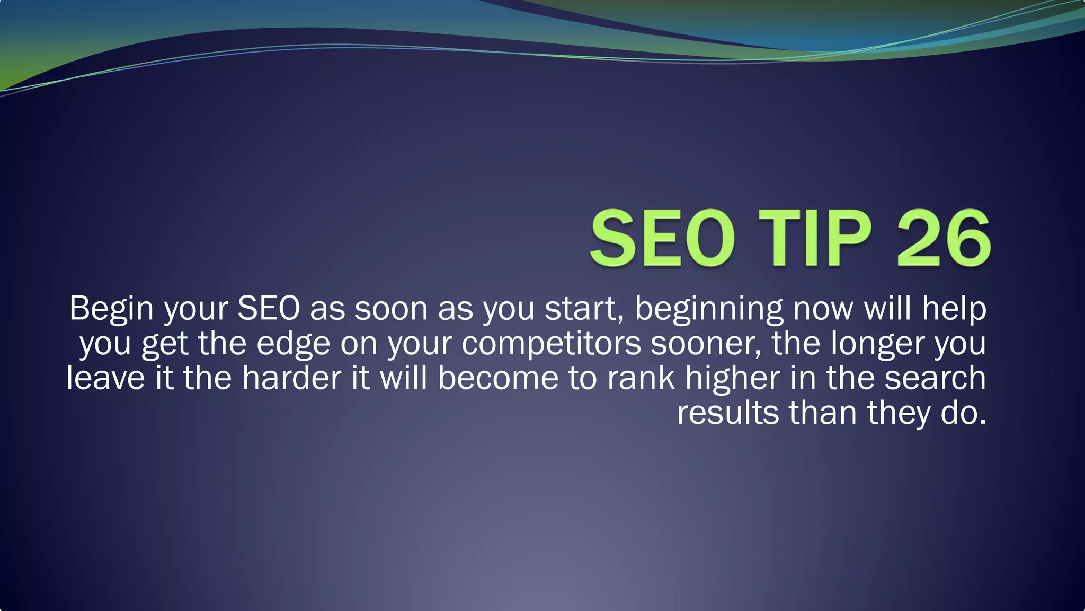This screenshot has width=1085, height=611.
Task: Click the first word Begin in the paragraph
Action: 111,309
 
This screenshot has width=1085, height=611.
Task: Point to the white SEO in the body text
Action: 269,309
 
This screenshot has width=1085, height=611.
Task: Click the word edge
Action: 294,344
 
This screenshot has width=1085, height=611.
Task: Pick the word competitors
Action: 551,344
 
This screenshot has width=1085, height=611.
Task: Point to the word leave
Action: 105,379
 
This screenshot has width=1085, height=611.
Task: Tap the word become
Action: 498,379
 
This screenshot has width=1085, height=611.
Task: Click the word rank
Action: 641,379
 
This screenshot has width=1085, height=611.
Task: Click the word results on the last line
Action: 728,413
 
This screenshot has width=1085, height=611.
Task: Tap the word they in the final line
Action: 898,413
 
